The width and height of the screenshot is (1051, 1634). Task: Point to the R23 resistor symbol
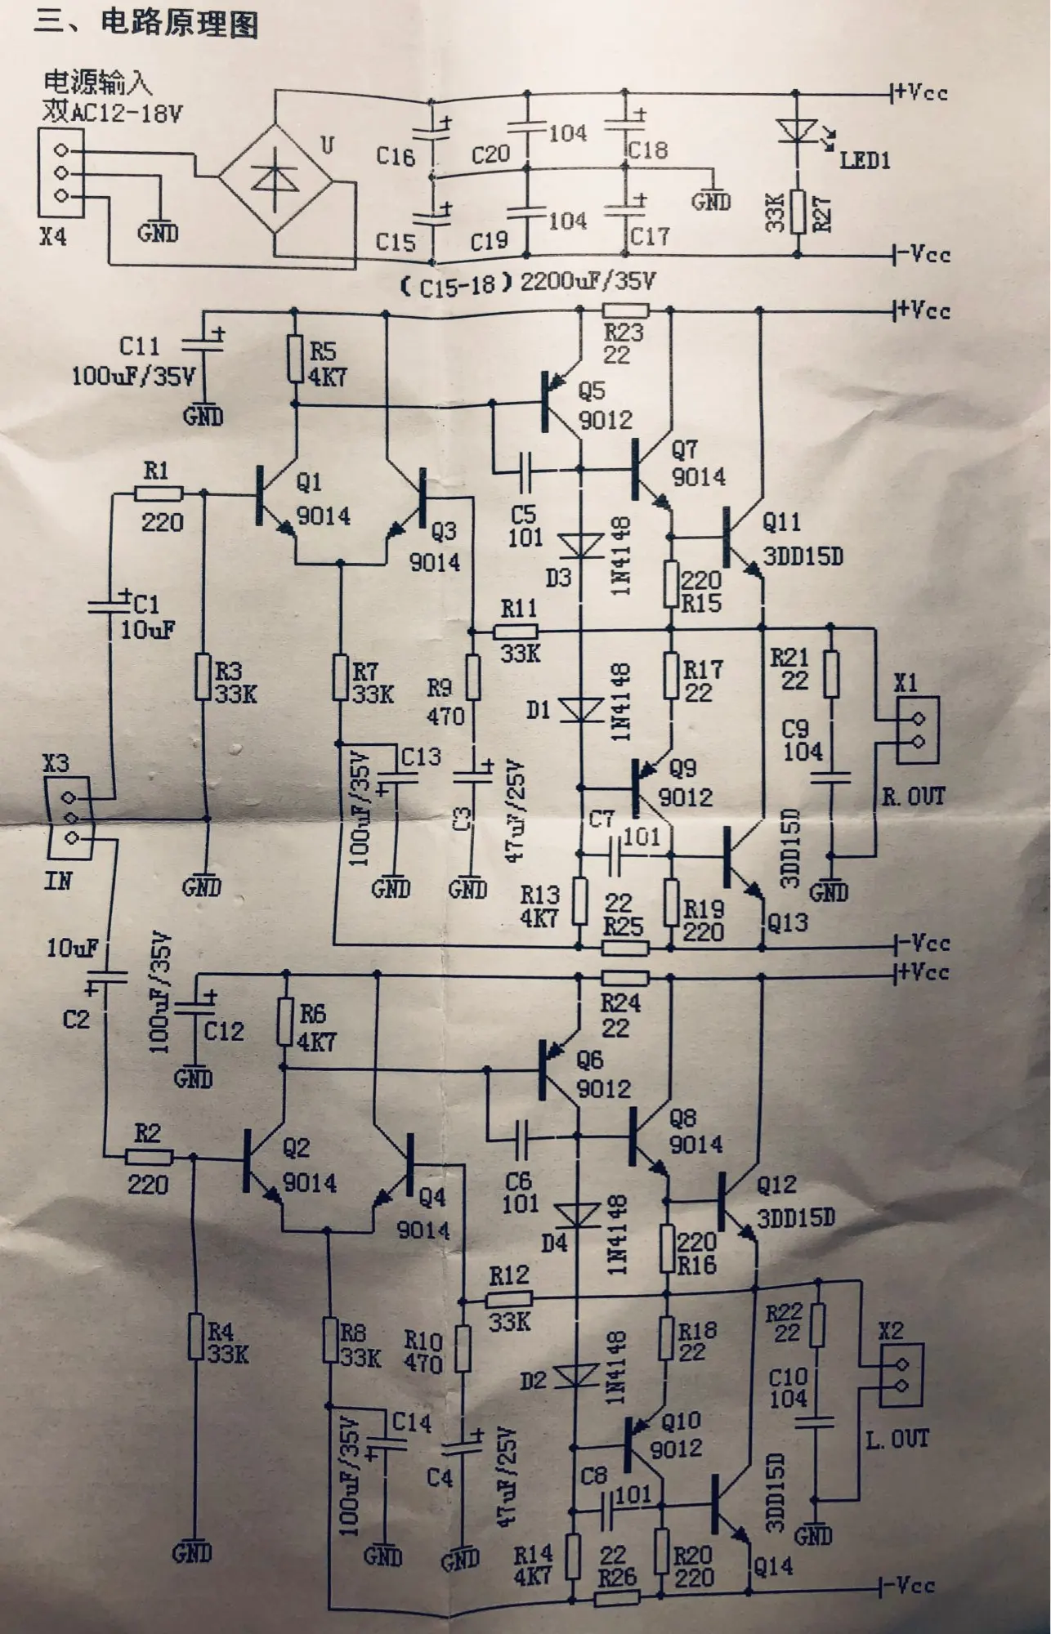[x=626, y=310]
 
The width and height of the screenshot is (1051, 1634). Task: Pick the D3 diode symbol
[x=581, y=545]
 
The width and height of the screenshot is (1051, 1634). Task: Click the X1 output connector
[x=918, y=730]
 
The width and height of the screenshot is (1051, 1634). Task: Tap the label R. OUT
[x=913, y=797]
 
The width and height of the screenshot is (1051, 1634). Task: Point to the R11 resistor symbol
[x=516, y=632]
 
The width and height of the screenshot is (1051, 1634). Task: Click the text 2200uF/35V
[x=588, y=283]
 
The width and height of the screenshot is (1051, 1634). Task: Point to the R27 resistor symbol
[x=798, y=211]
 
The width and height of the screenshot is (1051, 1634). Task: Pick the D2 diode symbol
[x=577, y=1377]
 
